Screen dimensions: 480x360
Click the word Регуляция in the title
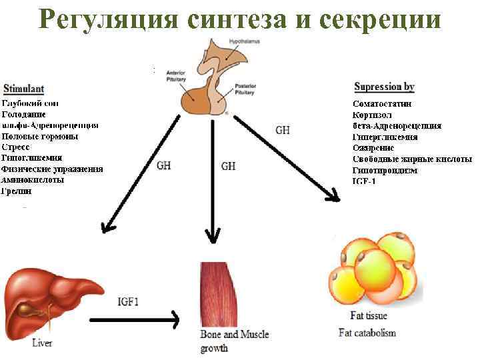click(107, 21)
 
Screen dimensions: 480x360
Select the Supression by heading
click(384, 87)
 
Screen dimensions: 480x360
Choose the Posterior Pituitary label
click(246, 91)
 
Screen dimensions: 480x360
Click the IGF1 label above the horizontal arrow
click(128, 301)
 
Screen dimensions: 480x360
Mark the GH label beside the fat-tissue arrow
click(283, 131)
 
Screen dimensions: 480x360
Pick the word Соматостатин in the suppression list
click(382, 104)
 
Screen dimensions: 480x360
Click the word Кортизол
click(373, 115)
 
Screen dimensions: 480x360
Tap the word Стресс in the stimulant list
click(15, 147)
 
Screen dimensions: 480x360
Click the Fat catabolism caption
click(367, 333)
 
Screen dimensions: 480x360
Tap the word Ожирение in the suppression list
click(373, 148)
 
